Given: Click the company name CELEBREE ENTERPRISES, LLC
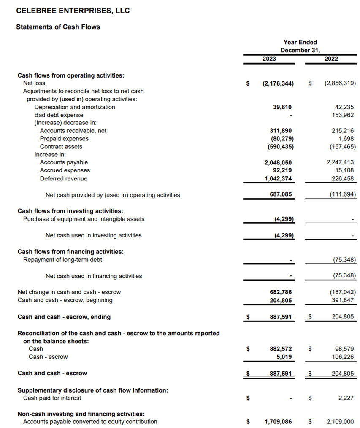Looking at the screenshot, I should [73, 11].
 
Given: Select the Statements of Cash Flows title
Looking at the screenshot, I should [58, 27].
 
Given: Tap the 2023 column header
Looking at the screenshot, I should [269, 59].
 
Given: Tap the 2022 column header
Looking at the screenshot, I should [331, 59].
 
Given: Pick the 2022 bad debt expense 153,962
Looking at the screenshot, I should [343, 115].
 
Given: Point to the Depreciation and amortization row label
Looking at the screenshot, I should [74, 107].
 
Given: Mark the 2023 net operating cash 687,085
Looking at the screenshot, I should [281, 195].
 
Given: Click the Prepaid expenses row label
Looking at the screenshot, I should [64, 139].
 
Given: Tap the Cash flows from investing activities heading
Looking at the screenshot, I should [70, 211].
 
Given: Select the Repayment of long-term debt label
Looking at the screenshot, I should [62, 260].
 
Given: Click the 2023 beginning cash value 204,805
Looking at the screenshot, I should [281, 300].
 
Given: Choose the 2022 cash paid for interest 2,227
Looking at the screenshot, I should [346, 398].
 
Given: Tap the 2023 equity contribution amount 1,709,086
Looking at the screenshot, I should [278, 422].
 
